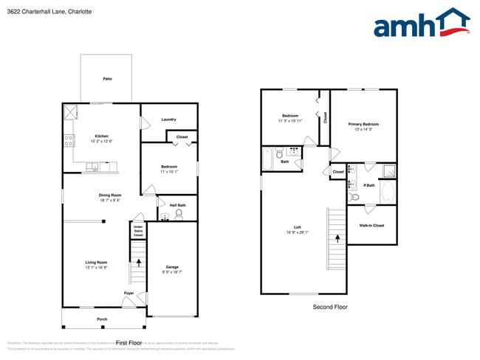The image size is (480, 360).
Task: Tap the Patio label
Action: [107, 78]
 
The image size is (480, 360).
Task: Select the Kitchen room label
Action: [101, 136]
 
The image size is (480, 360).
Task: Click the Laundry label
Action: [168, 120]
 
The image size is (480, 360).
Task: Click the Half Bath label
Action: [177, 205]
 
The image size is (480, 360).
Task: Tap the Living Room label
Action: [97, 263]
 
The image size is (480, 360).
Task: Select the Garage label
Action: [172, 267]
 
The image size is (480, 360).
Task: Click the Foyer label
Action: [129, 293]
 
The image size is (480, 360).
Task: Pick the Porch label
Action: [102, 319]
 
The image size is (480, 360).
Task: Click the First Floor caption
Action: [128, 343]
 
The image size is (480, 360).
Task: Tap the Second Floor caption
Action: [329, 307]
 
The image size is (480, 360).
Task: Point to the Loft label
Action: [296, 227]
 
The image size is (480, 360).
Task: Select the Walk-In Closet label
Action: [371, 225]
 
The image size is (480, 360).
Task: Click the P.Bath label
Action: [370, 185]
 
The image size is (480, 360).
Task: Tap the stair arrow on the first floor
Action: [138, 263]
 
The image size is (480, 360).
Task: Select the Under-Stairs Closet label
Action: [138, 231]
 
